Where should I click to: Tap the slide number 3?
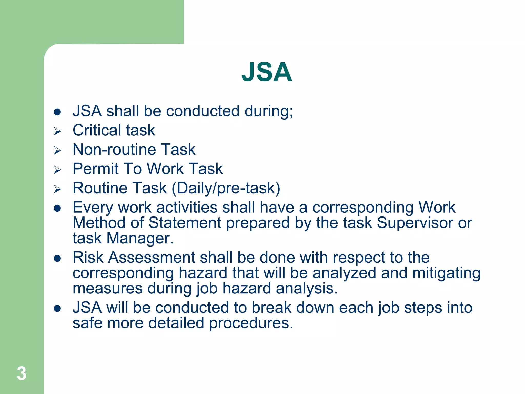(22, 373)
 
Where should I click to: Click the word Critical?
(96, 130)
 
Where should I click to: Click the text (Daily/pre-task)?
(226, 188)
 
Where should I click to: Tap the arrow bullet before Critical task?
(57, 131)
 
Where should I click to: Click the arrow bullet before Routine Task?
(57, 189)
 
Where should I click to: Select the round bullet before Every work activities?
(57, 208)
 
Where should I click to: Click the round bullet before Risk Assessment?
(57, 258)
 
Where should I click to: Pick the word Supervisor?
(415, 223)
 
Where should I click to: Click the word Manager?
(140, 238)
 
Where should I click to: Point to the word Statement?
(185, 223)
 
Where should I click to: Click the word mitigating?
(446, 273)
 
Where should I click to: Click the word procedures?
(251, 323)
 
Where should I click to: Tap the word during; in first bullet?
(269, 111)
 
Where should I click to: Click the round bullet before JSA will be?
(57, 308)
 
